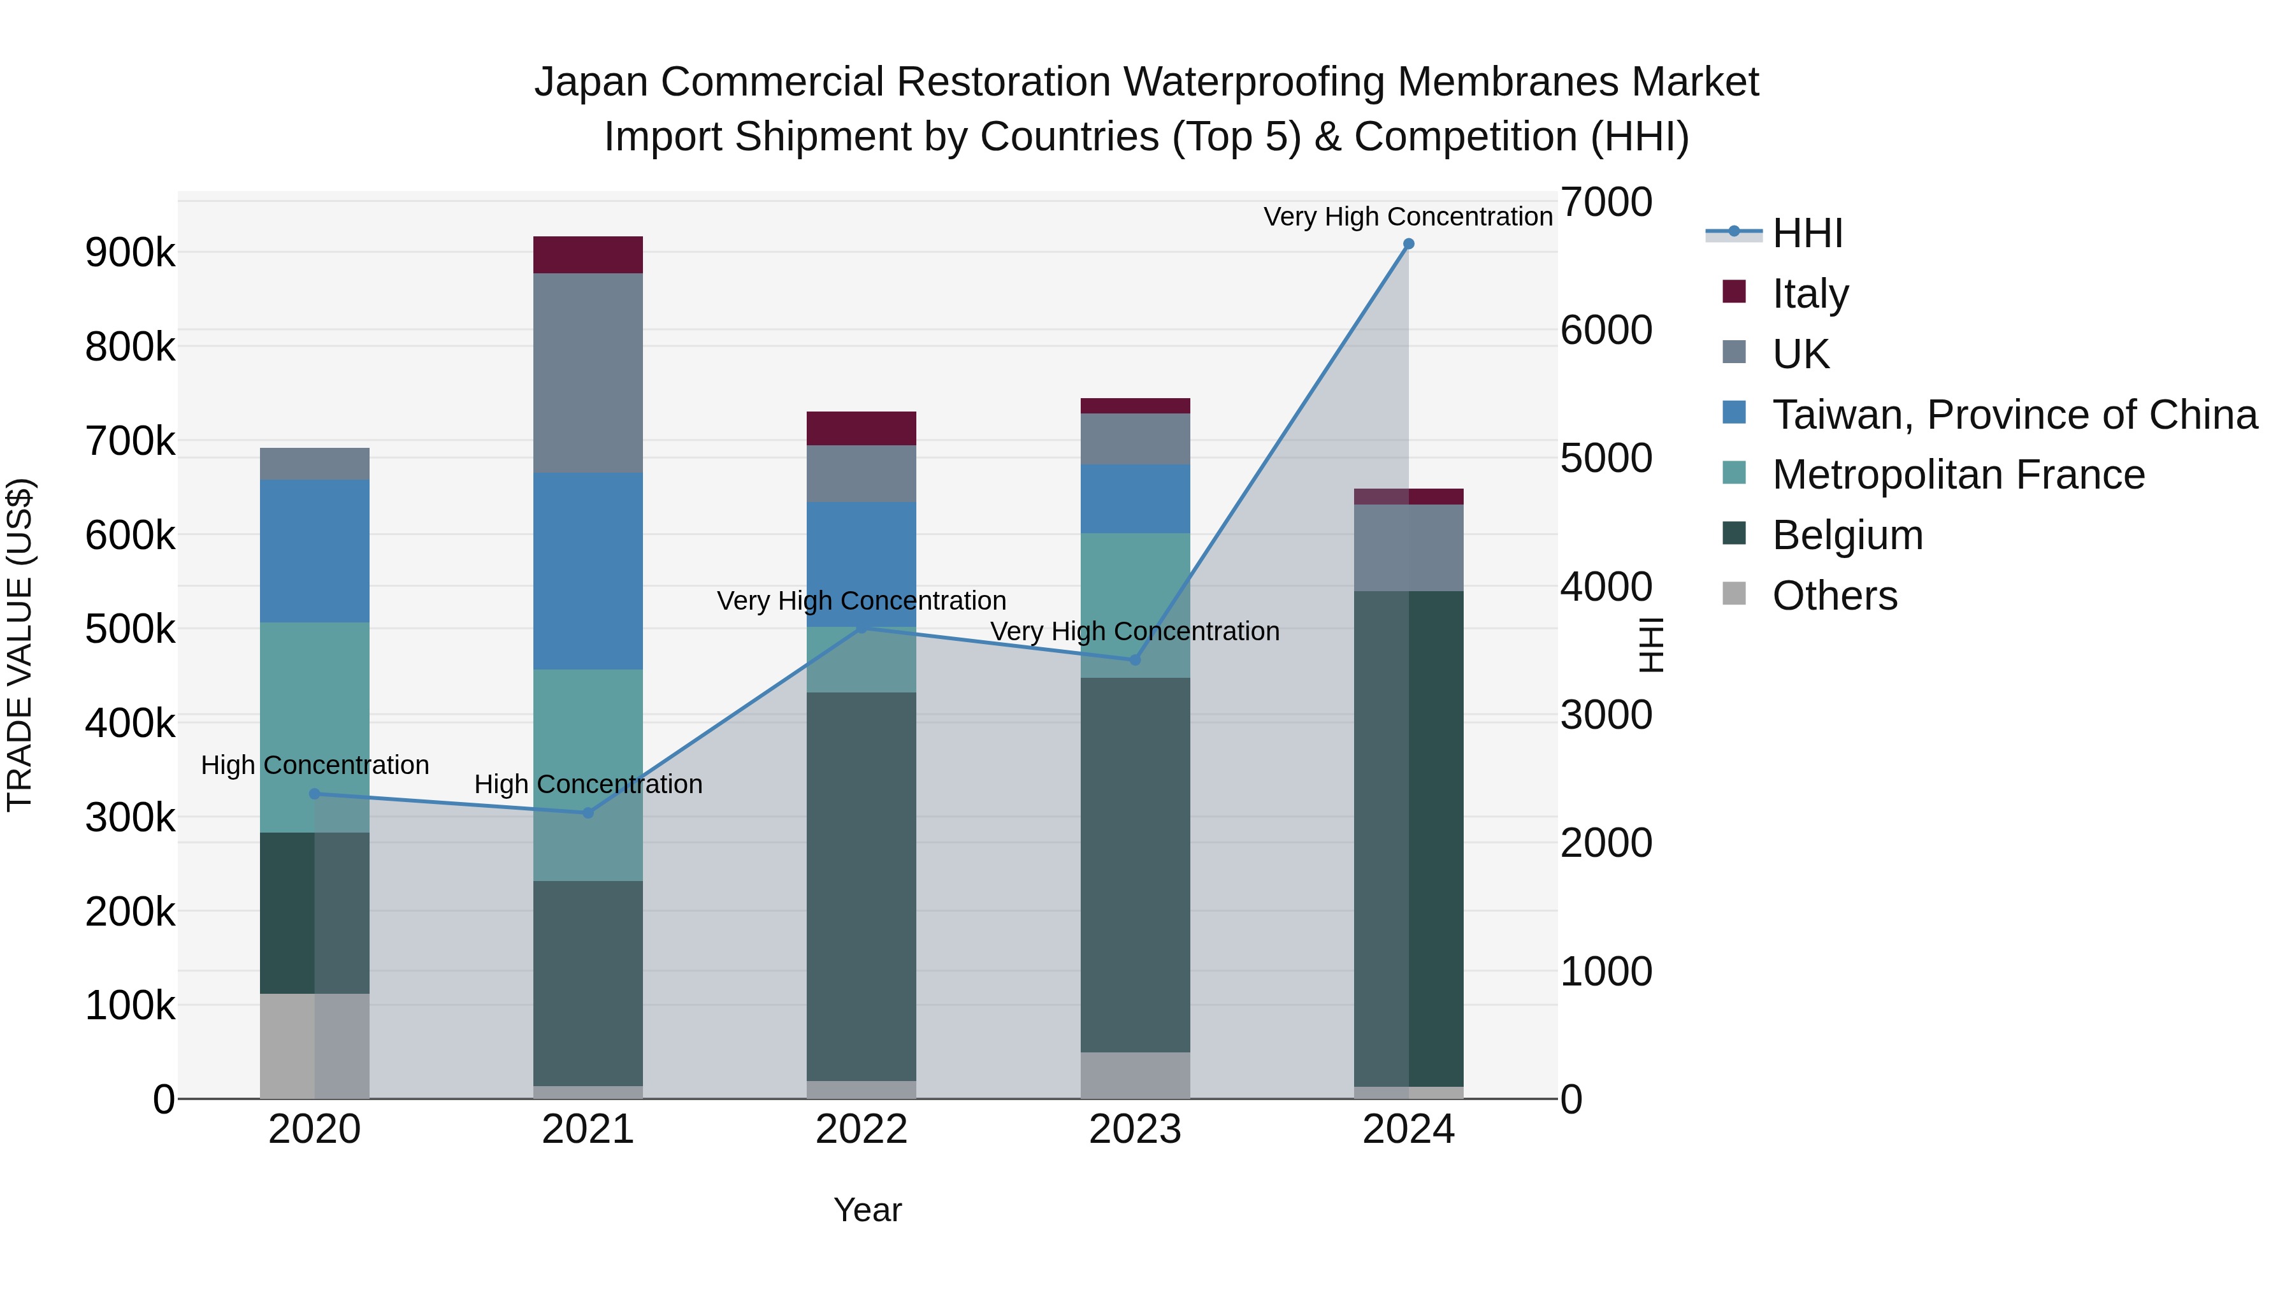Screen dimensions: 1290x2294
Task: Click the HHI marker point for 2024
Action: (x=1408, y=244)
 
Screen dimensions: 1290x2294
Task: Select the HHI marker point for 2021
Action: (x=588, y=813)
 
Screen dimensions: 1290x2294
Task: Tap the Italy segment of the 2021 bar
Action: (x=588, y=255)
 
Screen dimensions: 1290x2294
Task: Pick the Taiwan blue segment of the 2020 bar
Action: (x=314, y=550)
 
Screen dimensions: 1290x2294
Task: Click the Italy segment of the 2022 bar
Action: (x=861, y=428)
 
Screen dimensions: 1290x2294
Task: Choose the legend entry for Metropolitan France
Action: (x=1958, y=475)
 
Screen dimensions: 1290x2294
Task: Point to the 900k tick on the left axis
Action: (x=130, y=253)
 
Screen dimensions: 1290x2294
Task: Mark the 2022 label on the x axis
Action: (x=861, y=1129)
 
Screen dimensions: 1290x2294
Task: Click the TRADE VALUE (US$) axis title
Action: (x=20, y=645)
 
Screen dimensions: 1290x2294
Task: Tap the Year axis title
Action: (x=867, y=1210)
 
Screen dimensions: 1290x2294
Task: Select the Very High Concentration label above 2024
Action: (x=1407, y=217)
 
